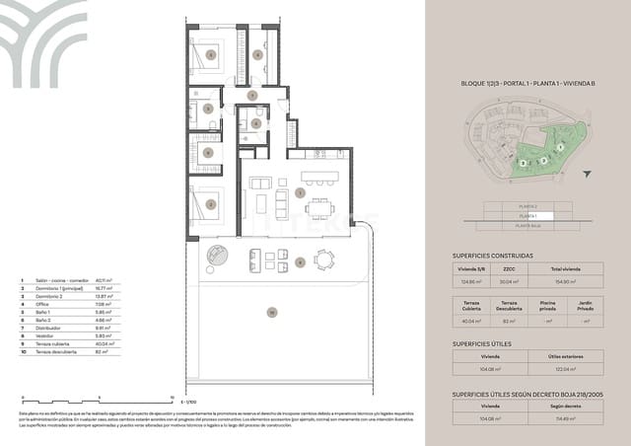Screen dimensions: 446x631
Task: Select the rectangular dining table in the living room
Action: pyautogui.click(x=319, y=208)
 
